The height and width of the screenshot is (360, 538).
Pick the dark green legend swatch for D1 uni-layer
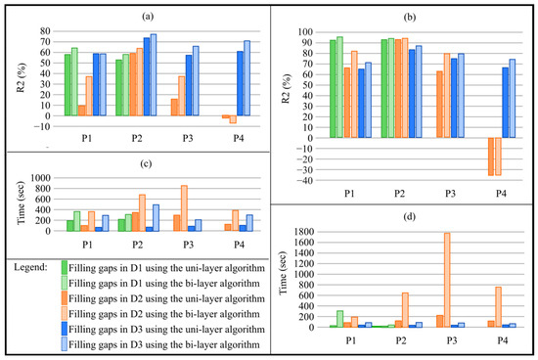pyautogui.click(x=65, y=265)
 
